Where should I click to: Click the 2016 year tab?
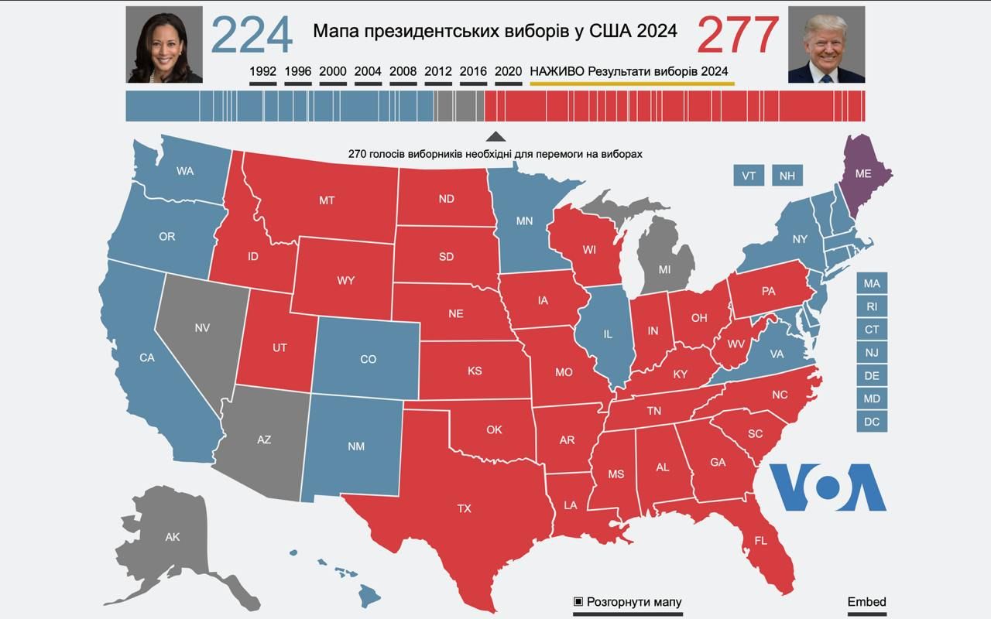[473, 71]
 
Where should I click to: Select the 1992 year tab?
[262, 71]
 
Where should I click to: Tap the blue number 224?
[252, 35]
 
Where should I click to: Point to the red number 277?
[738, 35]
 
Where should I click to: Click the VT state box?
[749, 176]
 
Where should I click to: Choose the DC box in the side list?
[872, 422]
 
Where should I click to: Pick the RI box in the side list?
[872, 306]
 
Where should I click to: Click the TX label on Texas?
[464, 508]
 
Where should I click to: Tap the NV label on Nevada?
[202, 327]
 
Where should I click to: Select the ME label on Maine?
[863, 174]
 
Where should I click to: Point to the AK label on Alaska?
[173, 536]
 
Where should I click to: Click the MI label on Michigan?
[664, 269]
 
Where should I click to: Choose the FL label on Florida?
[760, 541]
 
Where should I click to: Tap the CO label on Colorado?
[369, 359]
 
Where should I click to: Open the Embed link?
[866, 602]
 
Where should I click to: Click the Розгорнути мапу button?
[628, 602]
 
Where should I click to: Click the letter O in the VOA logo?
[828, 487]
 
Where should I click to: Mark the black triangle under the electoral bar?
[495, 136]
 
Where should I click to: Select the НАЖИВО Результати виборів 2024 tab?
[629, 71]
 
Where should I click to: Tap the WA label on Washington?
[185, 171]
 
